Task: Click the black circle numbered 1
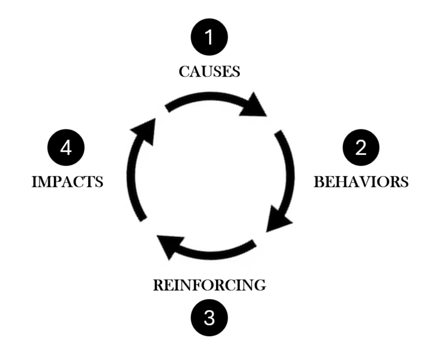210,37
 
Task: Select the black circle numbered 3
210,318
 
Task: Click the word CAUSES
210,72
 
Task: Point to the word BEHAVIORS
361,182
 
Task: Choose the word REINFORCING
210,285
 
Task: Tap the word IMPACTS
67,182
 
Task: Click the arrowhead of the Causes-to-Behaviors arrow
253,106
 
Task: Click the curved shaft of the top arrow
203,100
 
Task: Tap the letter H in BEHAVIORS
338,182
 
